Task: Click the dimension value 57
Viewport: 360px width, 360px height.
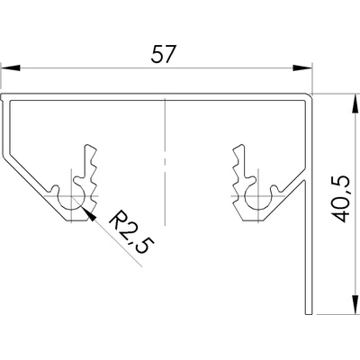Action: [x=163, y=54]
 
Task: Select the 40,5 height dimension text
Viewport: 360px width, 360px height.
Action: [x=341, y=199]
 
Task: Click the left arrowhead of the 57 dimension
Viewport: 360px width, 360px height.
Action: [x=11, y=68]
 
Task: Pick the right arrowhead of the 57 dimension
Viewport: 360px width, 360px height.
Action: [x=302, y=68]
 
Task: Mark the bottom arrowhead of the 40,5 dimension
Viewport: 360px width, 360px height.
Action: [x=355, y=305]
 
